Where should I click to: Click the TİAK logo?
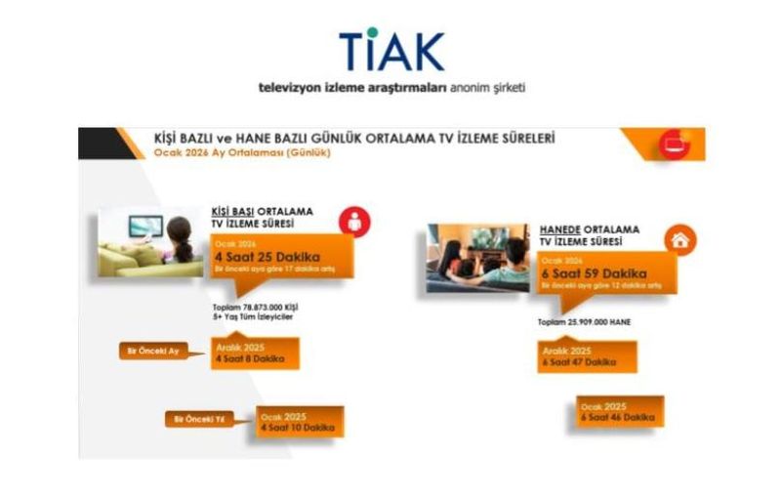pos(391,52)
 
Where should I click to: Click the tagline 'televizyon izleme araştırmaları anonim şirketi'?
pos(391,87)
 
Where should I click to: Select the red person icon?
pos(354,224)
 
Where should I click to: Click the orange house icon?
pos(675,239)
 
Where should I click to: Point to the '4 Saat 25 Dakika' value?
pos(261,257)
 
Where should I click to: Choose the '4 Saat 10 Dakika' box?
pos(300,421)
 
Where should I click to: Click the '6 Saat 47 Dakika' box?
pos(586,355)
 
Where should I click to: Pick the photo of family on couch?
pos(478,258)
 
